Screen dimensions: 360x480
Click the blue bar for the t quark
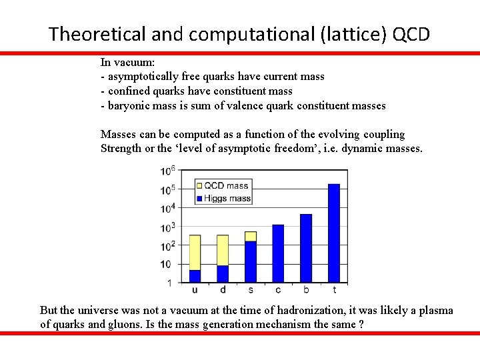(334, 233)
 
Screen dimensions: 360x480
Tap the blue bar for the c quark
(278, 253)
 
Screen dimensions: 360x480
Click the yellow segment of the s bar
(250, 236)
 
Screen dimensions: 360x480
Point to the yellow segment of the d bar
(223, 250)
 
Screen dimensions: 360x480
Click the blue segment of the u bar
(195, 276)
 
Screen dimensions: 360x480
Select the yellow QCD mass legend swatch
(199, 186)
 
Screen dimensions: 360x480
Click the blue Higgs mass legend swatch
(199, 198)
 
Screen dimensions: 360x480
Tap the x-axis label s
(250, 290)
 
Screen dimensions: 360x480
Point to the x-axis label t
(334, 290)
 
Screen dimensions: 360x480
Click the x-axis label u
(195, 290)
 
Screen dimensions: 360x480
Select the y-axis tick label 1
(169, 283)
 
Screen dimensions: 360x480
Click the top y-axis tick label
(167, 171)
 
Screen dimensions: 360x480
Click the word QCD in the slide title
(411, 33)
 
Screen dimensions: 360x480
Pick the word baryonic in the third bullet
(127, 105)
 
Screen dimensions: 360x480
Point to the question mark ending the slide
(361, 325)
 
